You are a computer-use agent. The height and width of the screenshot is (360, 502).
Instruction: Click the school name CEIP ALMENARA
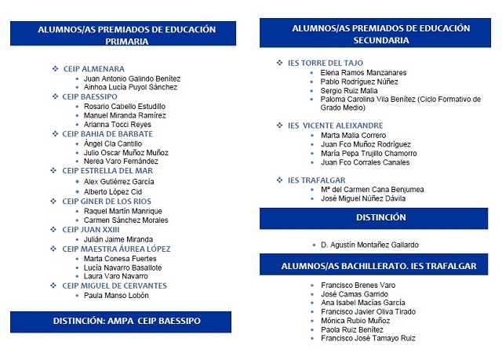click(93, 69)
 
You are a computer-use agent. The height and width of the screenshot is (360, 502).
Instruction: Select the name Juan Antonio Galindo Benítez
click(132, 78)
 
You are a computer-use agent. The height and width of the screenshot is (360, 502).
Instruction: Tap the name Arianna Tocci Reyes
click(118, 125)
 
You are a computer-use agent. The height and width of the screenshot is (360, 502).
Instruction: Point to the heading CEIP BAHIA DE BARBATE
click(107, 134)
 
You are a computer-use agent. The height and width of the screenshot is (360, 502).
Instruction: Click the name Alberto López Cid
click(113, 191)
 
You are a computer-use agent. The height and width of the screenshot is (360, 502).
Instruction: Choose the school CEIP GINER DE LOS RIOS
click(107, 202)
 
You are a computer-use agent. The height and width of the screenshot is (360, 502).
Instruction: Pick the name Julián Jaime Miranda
click(118, 239)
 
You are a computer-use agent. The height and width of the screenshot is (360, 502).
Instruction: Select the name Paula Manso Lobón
click(116, 296)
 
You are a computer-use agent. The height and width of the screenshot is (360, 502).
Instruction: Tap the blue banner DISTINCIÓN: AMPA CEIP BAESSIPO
click(126, 322)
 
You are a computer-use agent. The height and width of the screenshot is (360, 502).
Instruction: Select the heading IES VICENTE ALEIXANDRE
click(335, 125)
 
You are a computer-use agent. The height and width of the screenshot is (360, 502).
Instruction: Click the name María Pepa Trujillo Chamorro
click(369, 154)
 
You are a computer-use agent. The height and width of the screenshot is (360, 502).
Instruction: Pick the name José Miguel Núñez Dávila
click(363, 198)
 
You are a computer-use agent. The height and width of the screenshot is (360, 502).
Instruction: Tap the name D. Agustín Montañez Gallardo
click(370, 245)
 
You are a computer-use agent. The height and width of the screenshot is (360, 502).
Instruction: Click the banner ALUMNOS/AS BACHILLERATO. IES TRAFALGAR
click(379, 266)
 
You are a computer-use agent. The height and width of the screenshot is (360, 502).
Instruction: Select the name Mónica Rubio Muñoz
click(356, 320)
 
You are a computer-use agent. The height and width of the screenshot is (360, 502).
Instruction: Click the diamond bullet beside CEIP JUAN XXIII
click(55, 230)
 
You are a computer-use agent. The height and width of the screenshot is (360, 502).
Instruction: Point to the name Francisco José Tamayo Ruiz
click(368, 338)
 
